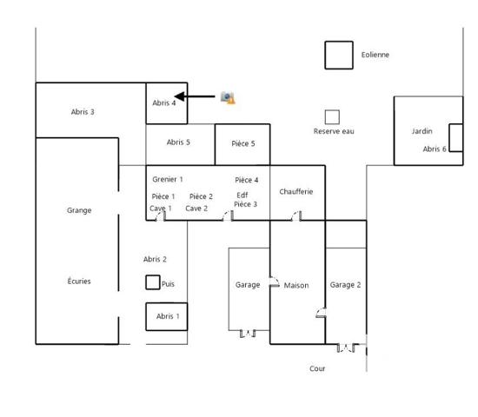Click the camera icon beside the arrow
click(228, 97)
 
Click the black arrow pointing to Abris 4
click(195, 96)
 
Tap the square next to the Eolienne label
click(339, 55)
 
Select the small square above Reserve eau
click(332, 116)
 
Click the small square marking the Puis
click(153, 282)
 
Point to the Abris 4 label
click(164, 103)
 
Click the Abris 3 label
click(83, 111)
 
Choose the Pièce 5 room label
click(242, 143)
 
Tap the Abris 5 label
click(179, 142)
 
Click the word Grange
click(79, 210)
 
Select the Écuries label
click(79, 281)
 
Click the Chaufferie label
click(296, 191)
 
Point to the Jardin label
click(422, 131)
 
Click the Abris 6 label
click(435, 149)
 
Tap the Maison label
click(296, 285)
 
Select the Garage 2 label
click(345, 285)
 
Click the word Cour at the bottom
click(317, 368)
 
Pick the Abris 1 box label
click(168, 316)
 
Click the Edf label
click(242, 195)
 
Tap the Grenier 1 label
click(168, 179)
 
